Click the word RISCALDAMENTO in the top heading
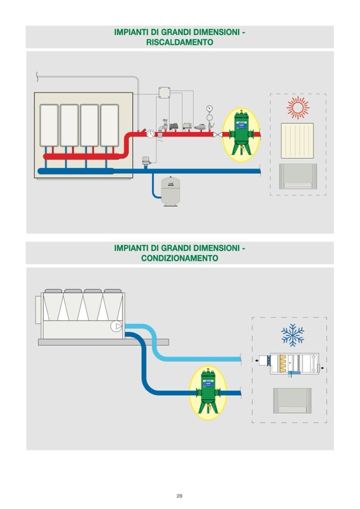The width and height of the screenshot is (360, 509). click(x=179, y=42)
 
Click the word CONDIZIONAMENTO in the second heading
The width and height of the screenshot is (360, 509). click(x=179, y=258)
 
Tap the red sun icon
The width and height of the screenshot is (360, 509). click(x=297, y=108)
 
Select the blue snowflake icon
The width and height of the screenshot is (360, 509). click(x=293, y=335)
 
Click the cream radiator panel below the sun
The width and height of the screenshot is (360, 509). click(x=297, y=141)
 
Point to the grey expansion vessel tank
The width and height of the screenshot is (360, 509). click(x=170, y=191)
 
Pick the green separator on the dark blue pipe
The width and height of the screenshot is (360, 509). click(x=208, y=392)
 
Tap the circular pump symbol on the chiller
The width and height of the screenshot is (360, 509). click(x=115, y=326)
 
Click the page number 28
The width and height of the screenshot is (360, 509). click(x=179, y=496)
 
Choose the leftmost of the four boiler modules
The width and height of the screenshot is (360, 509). click(x=48, y=125)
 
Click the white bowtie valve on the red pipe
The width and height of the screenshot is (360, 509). click(x=216, y=135)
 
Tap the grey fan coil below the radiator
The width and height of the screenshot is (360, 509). click(x=297, y=176)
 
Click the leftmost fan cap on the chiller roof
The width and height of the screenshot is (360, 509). click(x=53, y=291)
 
